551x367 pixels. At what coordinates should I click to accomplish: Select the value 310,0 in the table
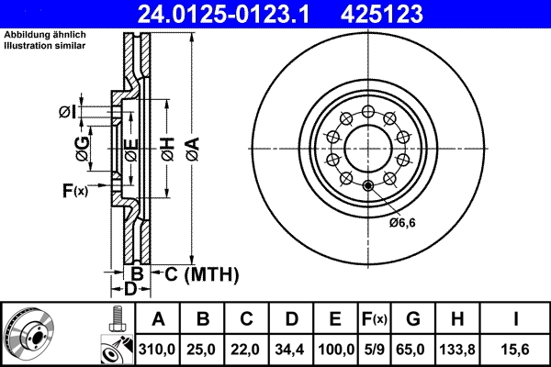pos(158,350)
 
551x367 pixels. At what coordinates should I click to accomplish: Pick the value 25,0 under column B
pos(203,350)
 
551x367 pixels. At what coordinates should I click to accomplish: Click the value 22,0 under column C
pos(246,350)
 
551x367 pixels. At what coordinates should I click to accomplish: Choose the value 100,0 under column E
pos(335,350)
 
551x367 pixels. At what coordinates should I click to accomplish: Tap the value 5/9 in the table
pos(374,350)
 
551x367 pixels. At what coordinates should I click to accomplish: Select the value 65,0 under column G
pos(412,350)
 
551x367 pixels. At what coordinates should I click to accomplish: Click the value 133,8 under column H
pos(460,350)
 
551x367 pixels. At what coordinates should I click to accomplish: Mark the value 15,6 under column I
pos(515,350)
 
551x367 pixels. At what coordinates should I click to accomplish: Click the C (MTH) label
pos(196,273)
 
